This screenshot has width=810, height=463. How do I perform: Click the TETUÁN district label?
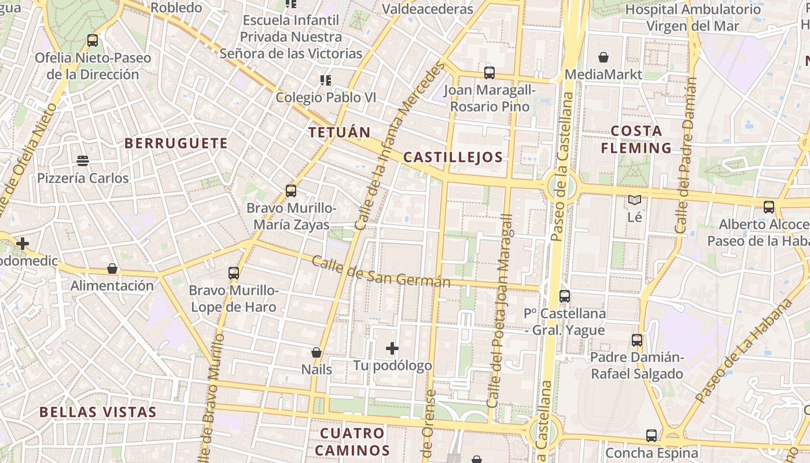(339, 133)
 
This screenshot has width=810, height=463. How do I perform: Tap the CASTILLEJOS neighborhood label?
(452, 157)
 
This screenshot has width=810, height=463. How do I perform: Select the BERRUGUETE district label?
(176, 144)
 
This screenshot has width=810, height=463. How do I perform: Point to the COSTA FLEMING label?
(636, 139)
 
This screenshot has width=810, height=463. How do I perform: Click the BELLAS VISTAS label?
(98, 412)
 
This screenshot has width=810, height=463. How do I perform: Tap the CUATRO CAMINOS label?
(352, 442)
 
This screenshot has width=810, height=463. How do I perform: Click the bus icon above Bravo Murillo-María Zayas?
(291, 190)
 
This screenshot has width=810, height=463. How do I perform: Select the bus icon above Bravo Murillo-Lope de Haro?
(234, 273)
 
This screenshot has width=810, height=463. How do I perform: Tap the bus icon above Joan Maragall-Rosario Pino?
(489, 73)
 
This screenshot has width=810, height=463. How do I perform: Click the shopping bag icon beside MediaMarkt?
(603, 57)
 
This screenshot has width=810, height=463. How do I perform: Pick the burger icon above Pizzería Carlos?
(83, 160)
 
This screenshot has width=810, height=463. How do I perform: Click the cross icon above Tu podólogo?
(392, 348)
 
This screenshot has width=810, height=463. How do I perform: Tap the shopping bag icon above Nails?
(316, 352)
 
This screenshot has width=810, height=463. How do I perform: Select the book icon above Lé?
(635, 200)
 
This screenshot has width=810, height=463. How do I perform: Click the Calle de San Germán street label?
(381, 271)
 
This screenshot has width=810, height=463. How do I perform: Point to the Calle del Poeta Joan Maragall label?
(500, 311)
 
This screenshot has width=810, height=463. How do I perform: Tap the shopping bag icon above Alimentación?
(112, 269)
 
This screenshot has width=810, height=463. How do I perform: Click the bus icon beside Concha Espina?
(651, 435)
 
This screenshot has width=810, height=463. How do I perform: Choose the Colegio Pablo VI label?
(326, 97)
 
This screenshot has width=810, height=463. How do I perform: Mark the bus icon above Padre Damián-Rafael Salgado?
(637, 340)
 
